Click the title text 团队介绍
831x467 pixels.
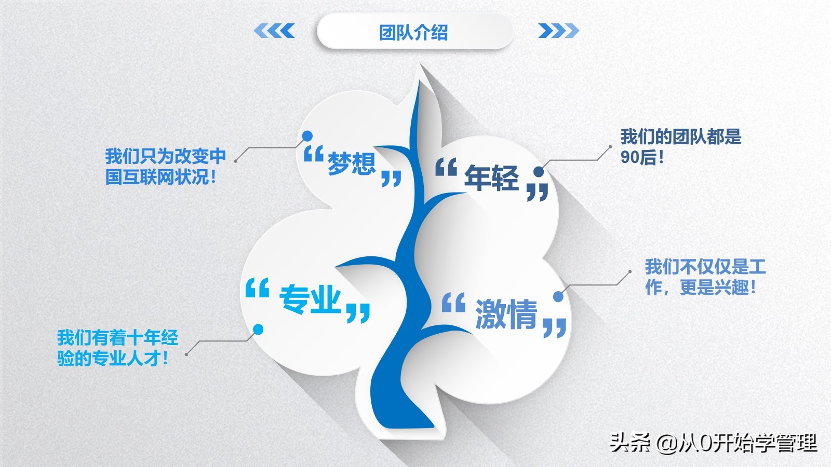413,33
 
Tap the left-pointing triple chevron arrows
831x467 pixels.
274,31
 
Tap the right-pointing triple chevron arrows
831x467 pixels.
558,31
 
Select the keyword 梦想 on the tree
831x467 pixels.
352,163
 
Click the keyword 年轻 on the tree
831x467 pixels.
491,177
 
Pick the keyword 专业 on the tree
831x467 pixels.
310,299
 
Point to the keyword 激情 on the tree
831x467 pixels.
506,314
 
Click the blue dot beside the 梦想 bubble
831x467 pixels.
307,136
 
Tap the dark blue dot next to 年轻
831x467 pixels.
539,172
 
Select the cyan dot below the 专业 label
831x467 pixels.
258,329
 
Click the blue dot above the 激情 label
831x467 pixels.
558,296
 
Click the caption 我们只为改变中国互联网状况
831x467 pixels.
166,167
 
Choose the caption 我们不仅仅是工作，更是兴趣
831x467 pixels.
705,277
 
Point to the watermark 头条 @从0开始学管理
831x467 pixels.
714,443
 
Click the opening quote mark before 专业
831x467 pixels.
257,287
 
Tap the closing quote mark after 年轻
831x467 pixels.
538,192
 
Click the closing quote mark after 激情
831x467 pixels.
555,327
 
